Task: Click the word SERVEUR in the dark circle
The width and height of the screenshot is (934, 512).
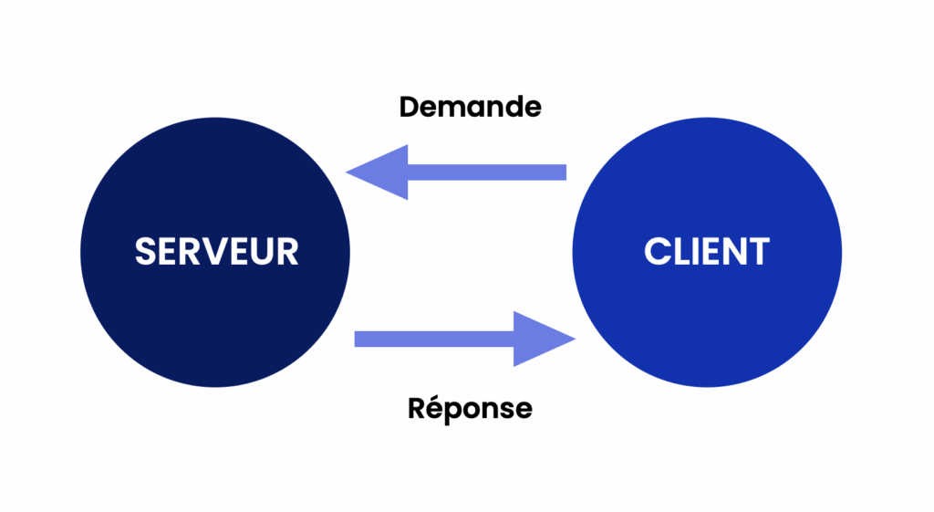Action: (x=216, y=251)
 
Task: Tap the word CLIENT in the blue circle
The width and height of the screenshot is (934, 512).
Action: (x=706, y=251)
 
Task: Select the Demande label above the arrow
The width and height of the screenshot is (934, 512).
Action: (x=470, y=107)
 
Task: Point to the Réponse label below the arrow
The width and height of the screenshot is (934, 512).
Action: (x=470, y=408)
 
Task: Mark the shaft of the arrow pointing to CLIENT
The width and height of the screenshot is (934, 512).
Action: (x=434, y=340)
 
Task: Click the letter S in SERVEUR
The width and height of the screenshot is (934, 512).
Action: (x=146, y=251)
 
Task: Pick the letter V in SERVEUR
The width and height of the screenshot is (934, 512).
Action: (x=213, y=251)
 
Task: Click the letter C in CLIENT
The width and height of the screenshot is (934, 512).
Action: (x=657, y=251)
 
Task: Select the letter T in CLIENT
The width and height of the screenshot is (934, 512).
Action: (x=757, y=251)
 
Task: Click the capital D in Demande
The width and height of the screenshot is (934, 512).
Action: (x=410, y=107)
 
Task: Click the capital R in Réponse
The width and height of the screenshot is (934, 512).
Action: (x=416, y=407)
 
